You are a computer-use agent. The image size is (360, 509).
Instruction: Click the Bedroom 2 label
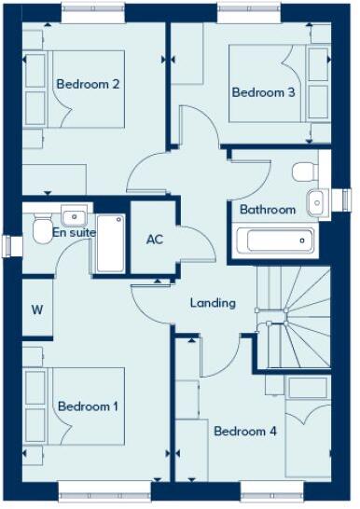(x=88, y=84)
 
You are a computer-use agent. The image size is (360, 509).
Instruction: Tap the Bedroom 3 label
(x=264, y=92)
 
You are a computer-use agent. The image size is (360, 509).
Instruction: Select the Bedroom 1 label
(x=88, y=406)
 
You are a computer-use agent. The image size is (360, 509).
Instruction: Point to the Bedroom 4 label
(x=245, y=432)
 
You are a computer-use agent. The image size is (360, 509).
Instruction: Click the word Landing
(x=213, y=303)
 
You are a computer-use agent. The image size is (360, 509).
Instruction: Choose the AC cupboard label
(x=155, y=239)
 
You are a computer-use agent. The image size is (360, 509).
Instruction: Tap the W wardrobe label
(x=38, y=310)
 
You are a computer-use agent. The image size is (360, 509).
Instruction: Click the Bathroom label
(x=268, y=210)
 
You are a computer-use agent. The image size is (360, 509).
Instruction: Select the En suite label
(x=74, y=232)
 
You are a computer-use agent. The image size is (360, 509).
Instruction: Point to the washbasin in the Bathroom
(x=316, y=200)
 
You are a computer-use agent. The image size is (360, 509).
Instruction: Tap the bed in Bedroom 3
(x=270, y=84)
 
